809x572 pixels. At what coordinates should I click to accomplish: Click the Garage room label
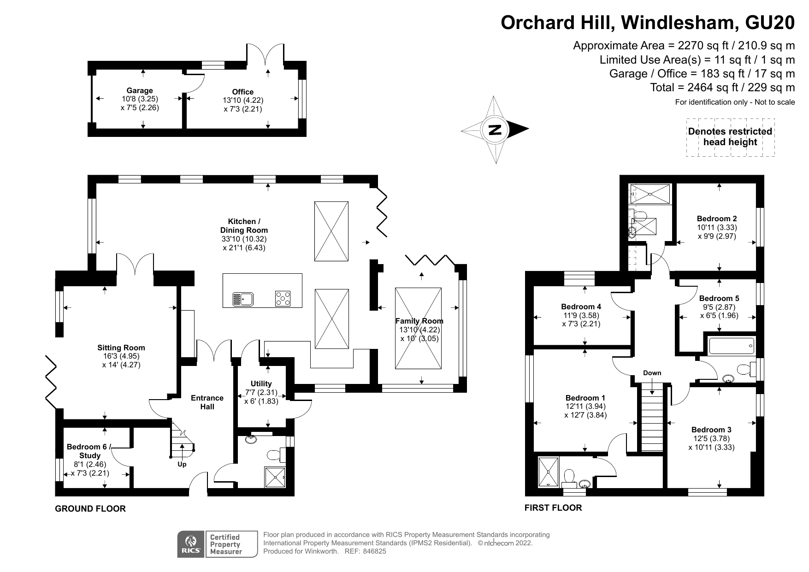[x=140, y=91]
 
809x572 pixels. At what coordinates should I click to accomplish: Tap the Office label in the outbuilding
[x=242, y=92]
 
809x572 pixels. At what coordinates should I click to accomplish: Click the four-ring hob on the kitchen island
[x=283, y=299]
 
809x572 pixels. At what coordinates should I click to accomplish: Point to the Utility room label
[x=261, y=383]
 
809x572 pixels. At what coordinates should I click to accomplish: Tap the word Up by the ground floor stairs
[x=182, y=464]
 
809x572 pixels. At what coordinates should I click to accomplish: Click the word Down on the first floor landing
[x=652, y=373]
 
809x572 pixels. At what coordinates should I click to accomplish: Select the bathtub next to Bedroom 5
[x=732, y=345]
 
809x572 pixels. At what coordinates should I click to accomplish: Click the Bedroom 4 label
[x=581, y=307]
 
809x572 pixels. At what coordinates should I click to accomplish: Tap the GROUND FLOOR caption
[x=90, y=509]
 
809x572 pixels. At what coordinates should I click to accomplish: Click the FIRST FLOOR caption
[x=553, y=508]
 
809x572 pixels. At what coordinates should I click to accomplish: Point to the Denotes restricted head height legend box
[x=730, y=137]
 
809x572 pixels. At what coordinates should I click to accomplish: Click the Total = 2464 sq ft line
[x=722, y=88]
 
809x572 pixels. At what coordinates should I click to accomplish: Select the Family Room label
[x=419, y=321]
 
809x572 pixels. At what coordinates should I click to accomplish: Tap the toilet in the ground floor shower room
[x=275, y=455]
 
